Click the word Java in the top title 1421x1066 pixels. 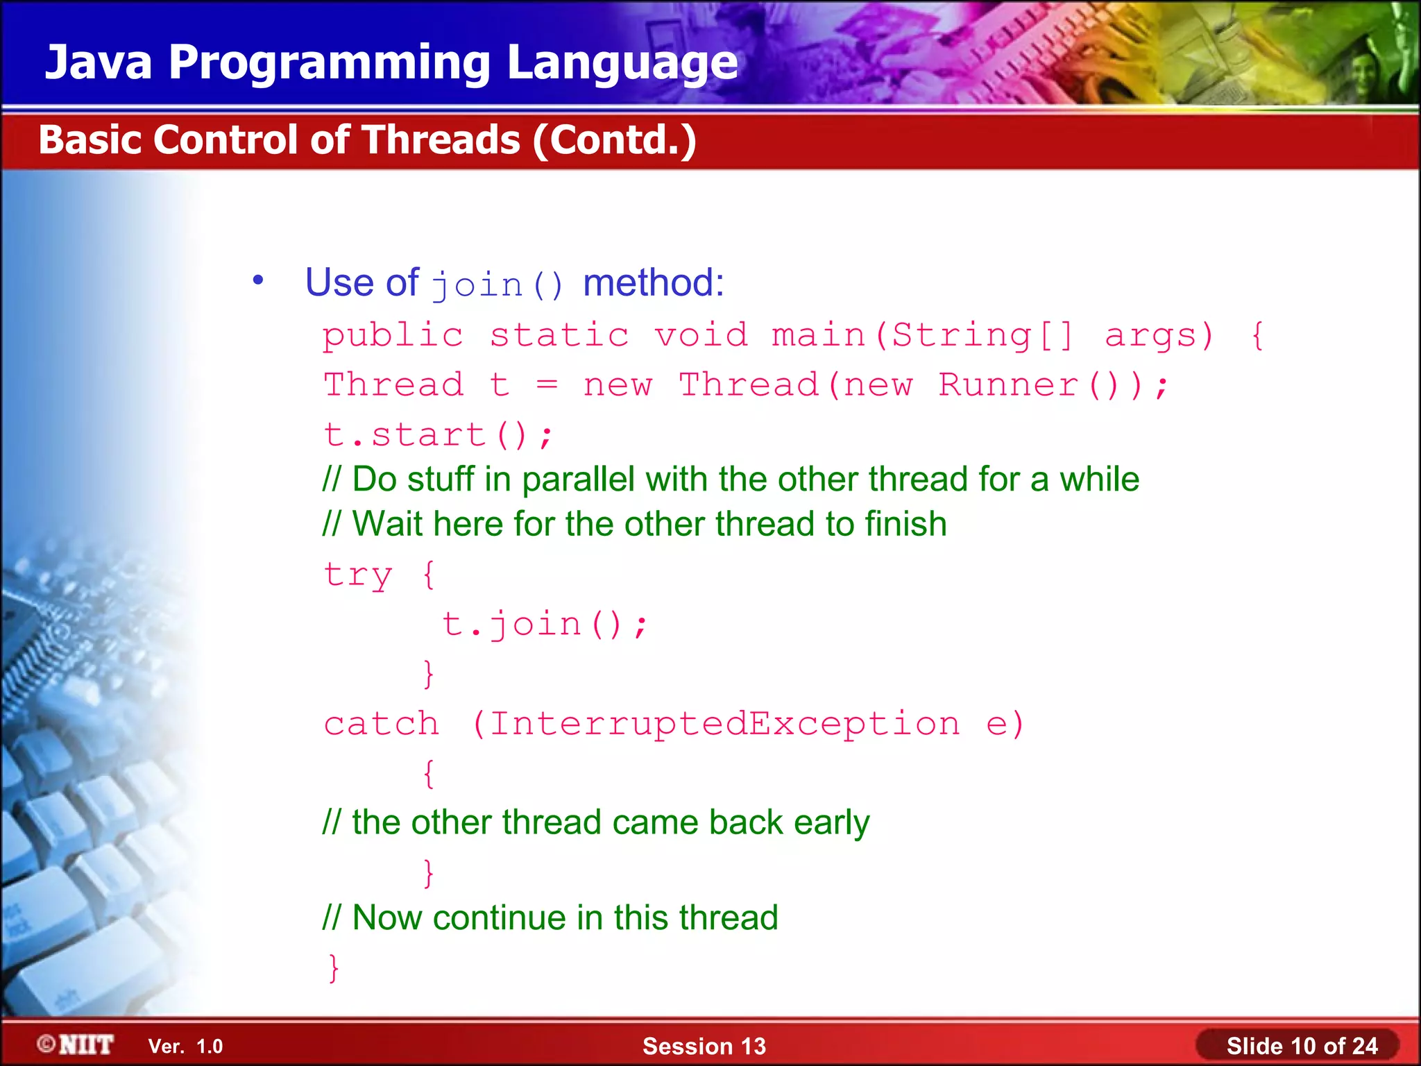point(99,62)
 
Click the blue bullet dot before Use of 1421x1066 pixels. point(258,280)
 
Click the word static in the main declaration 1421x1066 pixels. point(559,336)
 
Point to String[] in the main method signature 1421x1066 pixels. point(982,336)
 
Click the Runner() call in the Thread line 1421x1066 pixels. point(1028,385)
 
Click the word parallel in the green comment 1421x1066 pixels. point(578,480)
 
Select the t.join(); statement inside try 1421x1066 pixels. point(545,624)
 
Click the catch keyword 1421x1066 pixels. point(382,724)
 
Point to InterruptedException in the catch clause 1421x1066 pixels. point(725,724)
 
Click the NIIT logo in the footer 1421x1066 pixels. point(76,1044)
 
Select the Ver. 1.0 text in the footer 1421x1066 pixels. point(185,1047)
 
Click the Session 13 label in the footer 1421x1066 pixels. point(704,1046)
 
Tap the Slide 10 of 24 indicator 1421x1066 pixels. point(1301,1046)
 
